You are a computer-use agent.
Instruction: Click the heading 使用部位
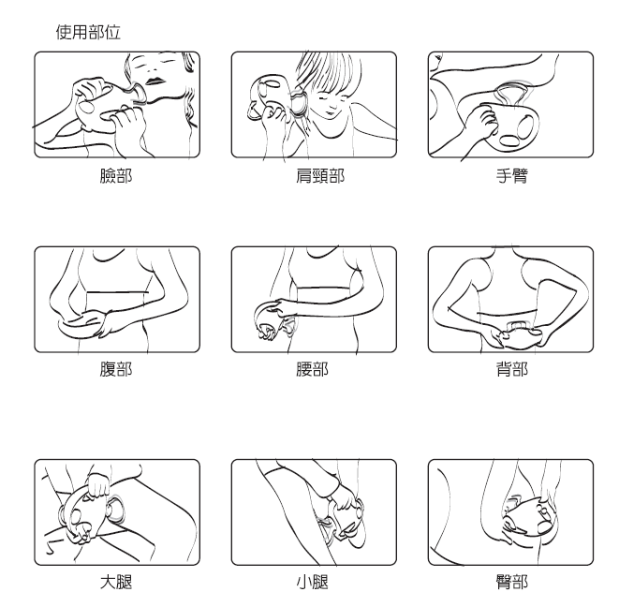tap(88, 32)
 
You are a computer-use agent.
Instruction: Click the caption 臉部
tap(116, 175)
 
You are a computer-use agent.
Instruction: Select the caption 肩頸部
tap(314, 175)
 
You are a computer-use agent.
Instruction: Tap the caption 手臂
tap(510, 175)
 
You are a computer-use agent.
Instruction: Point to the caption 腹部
tap(116, 369)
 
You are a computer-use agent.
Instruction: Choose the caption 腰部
tap(314, 369)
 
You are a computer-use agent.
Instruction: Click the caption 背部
tap(510, 369)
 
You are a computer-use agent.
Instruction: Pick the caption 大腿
tap(116, 583)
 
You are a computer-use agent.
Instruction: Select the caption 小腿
tap(314, 583)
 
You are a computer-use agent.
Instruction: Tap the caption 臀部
tap(510, 583)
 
